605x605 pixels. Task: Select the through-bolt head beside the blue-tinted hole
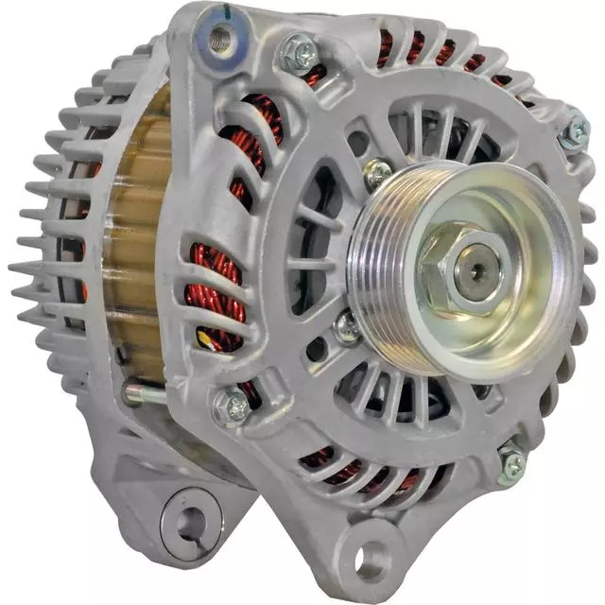coord(301,54)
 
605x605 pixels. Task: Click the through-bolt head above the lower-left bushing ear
coord(232,407)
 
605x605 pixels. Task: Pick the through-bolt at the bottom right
coord(510,464)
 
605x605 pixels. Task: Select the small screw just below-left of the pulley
coord(347,327)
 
